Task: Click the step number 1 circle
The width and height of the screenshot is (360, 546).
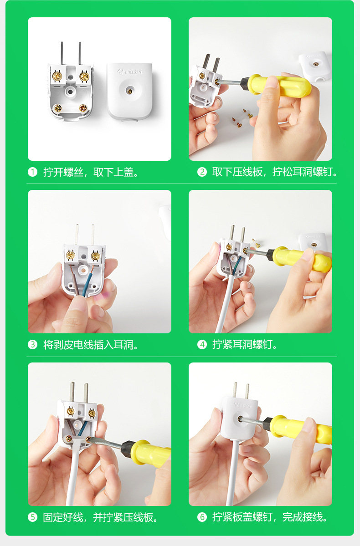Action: pyautogui.click(x=32, y=172)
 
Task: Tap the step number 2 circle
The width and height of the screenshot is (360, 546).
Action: pyautogui.click(x=202, y=172)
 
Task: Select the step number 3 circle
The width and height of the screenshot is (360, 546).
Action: pyautogui.click(x=32, y=345)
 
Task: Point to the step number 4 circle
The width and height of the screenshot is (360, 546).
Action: pyautogui.click(x=202, y=345)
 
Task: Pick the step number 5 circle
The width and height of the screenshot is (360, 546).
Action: pyautogui.click(x=32, y=517)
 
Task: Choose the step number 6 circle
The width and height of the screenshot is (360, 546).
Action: pyautogui.click(x=202, y=517)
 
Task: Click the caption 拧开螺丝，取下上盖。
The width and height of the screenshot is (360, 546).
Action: pyautogui.click(x=91, y=172)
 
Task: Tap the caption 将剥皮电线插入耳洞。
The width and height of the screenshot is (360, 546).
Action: pyautogui.click(x=91, y=345)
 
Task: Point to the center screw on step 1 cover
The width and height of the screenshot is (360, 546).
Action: pyautogui.click(x=129, y=91)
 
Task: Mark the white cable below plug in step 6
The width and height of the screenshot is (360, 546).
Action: pyautogui.click(x=233, y=478)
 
